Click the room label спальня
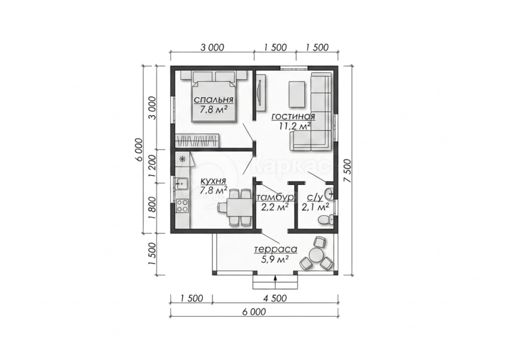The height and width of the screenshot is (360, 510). click(214, 99)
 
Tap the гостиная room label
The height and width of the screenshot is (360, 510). click(293, 116)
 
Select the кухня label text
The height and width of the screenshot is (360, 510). click(214, 181)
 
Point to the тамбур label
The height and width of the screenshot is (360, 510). click(275, 197)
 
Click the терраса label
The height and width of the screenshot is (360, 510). click(276, 250)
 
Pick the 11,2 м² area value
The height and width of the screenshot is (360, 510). click(295, 126)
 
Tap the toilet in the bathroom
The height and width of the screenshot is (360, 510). click(326, 220)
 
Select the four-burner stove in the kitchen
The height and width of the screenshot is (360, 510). click(182, 205)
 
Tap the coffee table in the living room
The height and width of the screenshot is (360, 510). click(297, 94)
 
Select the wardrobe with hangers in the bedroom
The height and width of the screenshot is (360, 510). click(197, 140)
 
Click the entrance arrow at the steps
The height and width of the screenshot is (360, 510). click(275, 282)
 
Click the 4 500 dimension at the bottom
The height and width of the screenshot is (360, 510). click(275, 298)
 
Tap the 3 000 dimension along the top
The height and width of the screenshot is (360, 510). click(212, 47)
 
